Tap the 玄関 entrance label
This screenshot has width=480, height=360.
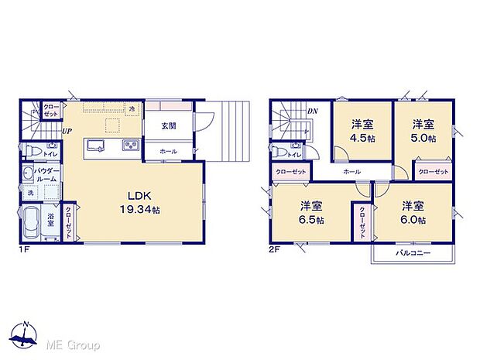tap(169, 125)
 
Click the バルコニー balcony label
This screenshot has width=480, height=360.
tap(413, 253)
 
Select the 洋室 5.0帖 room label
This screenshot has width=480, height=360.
tap(422, 129)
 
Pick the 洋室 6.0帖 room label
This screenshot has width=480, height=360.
tap(413, 211)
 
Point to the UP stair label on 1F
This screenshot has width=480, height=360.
tap(67, 132)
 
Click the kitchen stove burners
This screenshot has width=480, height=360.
tap(128, 146)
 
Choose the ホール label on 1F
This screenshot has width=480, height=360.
tap(167, 151)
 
